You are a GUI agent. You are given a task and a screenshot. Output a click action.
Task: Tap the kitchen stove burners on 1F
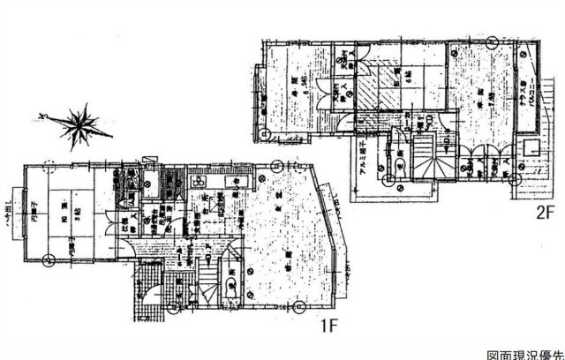coord(236,183)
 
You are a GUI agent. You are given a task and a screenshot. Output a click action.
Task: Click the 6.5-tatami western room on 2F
coord(295,88)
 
